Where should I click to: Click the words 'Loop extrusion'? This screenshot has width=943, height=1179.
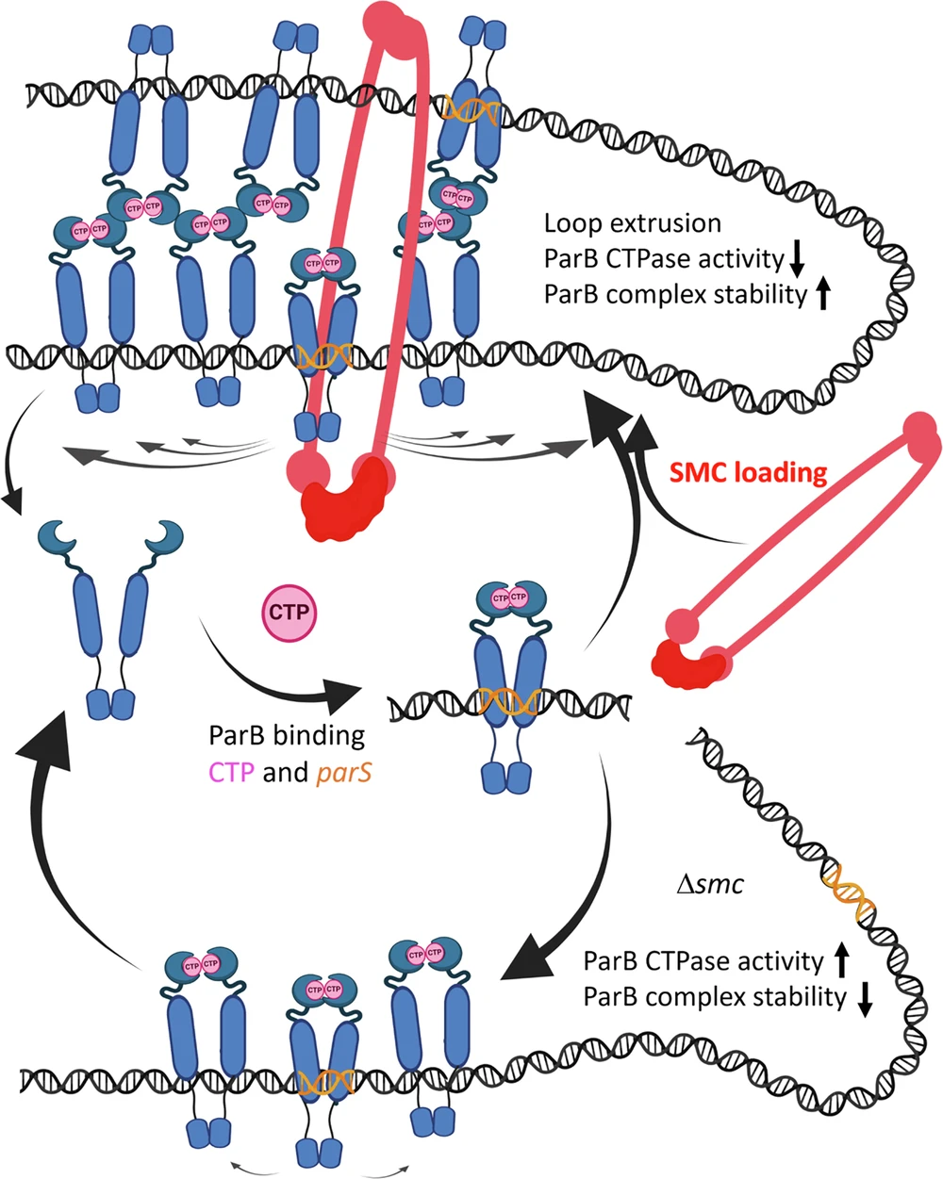coord(633,223)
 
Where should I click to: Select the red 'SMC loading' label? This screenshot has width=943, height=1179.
coord(749,471)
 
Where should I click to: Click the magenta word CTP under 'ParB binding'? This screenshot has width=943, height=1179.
coord(230,773)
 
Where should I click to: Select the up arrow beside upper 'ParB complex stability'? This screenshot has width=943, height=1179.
coord(822,295)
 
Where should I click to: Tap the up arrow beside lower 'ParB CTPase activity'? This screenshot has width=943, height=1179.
coord(841,960)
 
